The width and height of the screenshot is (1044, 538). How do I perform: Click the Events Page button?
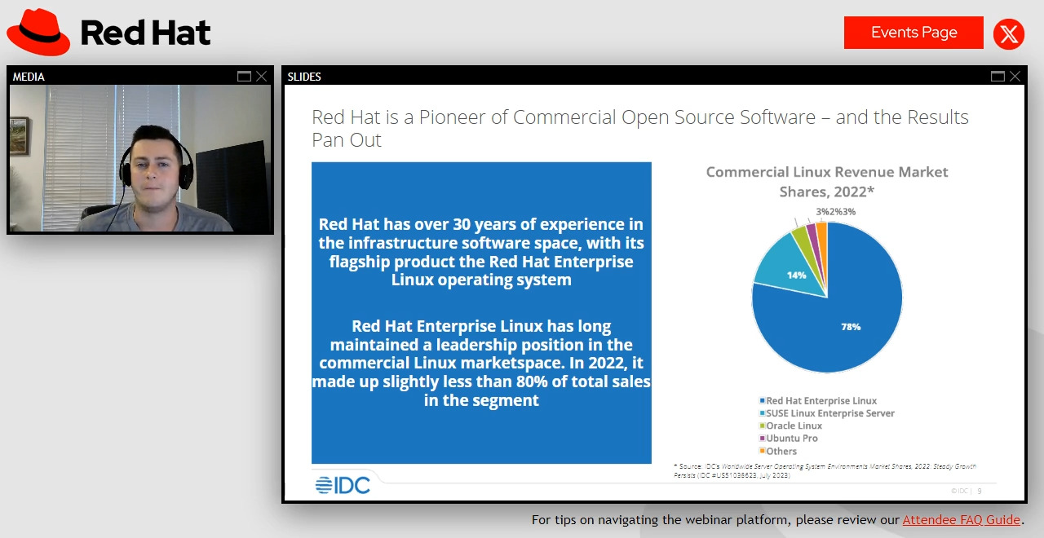(x=913, y=33)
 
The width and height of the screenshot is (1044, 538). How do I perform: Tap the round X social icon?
(x=1009, y=34)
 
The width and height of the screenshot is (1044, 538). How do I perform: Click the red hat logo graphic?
(x=38, y=32)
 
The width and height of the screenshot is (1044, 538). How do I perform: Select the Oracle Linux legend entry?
(x=793, y=426)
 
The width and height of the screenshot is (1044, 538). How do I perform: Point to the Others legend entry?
(x=781, y=452)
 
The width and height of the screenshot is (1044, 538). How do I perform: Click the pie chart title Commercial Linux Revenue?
(x=826, y=172)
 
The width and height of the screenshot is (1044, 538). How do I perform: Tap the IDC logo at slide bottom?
(x=343, y=486)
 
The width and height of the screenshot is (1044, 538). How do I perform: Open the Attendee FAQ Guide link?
(x=961, y=520)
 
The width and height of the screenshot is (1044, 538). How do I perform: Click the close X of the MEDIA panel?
(x=261, y=77)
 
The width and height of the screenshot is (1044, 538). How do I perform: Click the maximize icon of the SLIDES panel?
(x=998, y=77)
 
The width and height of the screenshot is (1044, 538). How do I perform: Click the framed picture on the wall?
(x=20, y=135)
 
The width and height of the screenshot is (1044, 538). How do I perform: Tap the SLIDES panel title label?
(x=304, y=77)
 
